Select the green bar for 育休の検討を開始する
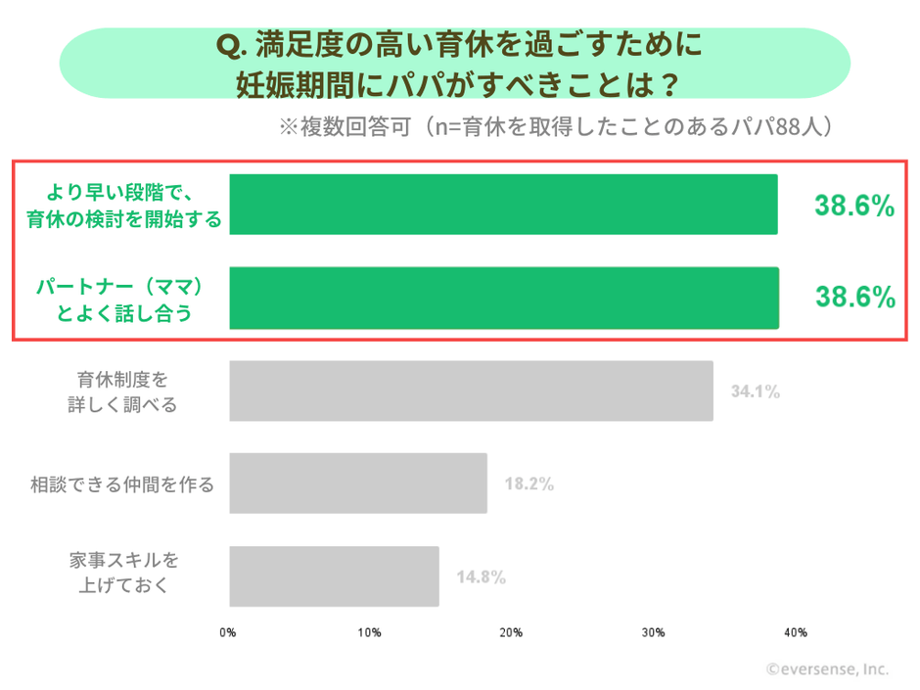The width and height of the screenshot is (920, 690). point(503,205)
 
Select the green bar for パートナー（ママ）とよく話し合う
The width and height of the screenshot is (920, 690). point(503,298)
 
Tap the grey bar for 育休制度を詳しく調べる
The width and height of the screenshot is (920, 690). point(471,391)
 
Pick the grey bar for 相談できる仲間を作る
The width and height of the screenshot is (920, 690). point(358,483)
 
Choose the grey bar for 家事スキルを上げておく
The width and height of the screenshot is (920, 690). point(334,576)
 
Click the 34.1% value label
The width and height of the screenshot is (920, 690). point(755,391)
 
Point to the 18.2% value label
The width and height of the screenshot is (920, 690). point(529,483)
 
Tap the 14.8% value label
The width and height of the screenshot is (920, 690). point(481,576)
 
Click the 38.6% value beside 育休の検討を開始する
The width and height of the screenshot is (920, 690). point(854,206)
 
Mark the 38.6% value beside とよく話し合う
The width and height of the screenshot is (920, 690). point(854,299)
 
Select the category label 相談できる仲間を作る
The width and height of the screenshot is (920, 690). point(122,483)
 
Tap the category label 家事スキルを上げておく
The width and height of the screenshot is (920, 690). point(124,574)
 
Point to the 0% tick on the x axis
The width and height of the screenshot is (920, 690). point(228,632)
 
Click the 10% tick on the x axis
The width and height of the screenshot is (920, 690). point(369,632)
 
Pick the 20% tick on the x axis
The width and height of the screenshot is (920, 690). point(511,632)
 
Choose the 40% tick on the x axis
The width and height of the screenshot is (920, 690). point(795,632)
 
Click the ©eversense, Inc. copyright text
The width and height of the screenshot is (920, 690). point(827,669)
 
